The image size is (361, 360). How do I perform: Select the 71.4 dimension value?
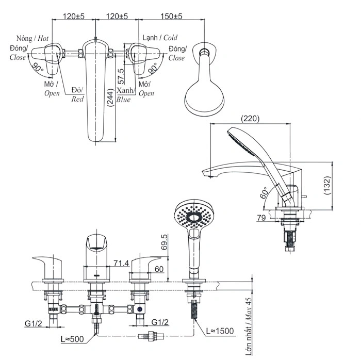[x=121, y=264]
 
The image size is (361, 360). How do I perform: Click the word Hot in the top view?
[x=43, y=39]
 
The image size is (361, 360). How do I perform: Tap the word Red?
[x=77, y=99]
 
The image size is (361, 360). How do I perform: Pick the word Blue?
[x=123, y=99]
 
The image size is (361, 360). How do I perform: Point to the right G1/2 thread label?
[x=160, y=323]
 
